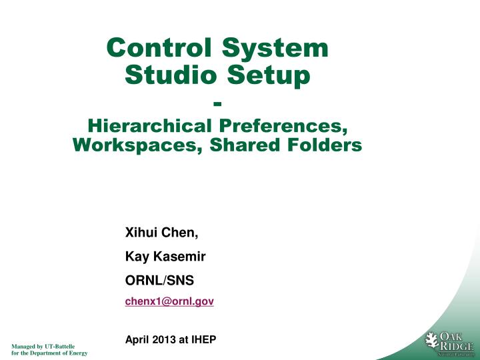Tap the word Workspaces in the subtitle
133,145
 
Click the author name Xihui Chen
162,233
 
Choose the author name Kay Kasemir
165,255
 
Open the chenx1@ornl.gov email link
169,301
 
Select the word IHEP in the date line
203,340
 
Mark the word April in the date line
136,340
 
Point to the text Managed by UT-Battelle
41,345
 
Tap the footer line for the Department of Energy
49,353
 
